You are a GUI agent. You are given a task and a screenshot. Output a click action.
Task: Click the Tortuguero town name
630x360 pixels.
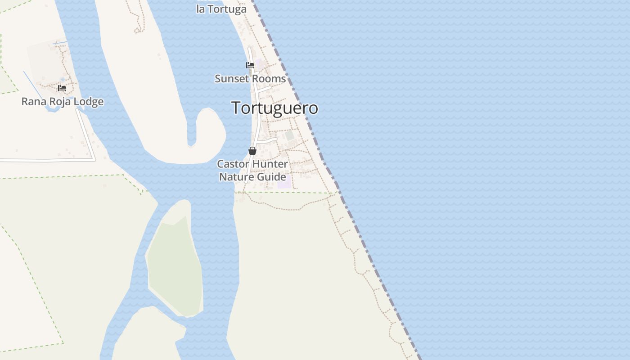[274, 108]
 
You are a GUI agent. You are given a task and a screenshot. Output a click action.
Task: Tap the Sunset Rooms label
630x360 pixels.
[250, 79]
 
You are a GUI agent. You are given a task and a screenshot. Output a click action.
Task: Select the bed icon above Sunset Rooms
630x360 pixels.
[250, 65]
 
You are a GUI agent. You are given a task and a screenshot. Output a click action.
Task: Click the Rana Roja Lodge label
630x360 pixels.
[63, 102]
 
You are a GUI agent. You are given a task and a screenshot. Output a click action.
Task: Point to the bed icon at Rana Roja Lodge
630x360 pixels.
[62, 88]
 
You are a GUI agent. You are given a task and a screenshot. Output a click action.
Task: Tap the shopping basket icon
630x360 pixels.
[252, 151]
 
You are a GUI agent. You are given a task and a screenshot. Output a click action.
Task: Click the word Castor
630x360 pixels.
[233, 164]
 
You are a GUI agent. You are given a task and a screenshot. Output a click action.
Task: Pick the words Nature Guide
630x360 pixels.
[252, 177]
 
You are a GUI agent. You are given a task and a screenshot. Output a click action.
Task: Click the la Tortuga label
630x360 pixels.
[221, 9]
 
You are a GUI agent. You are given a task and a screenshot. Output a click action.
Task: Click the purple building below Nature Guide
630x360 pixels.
[284, 185]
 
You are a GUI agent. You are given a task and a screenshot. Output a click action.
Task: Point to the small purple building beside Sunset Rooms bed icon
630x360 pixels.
[259, 64]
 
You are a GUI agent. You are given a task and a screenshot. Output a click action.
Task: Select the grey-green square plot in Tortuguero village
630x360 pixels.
[289, 135]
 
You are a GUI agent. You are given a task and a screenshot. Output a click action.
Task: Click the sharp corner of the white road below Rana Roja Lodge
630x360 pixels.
[94, 159]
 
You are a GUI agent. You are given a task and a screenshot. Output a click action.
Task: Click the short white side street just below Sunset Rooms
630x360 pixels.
[264, 89]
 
